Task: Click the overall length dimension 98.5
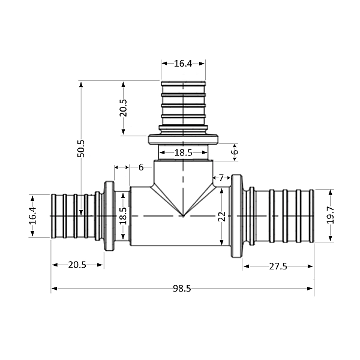pyautogui.click(x=181, y=289)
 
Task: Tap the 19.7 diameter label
pyautogui.click(x=330, y=215)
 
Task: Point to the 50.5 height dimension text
pyautogui.click(x=81, y=148)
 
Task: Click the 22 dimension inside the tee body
pyautogui.click(x=221, y=216)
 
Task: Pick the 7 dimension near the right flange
pyautogui.click(x=221, y=178)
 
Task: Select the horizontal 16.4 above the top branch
pyautogui.click(x=182, y=63)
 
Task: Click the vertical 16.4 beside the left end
pyautogui.click(x=32, y=215)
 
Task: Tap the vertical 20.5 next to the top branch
pyautogui.click(x=123, y=107)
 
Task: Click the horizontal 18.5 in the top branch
pyautogui.click(x=183, y=153)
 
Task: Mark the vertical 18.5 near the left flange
pyautogui.click(x=123, y=216)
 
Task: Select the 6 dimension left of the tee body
pyautogui.click(x=141, y=167)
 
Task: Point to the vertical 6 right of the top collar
pyautogui.click(x=235, y=152)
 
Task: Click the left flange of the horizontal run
pyautogui.click(x=109, y=215)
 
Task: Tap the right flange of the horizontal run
pyautogui.click(x=237, y=216)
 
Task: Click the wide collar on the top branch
pyautogui.click(x=183, y=140)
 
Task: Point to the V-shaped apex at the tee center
pyautogui.click(x=183, y=215)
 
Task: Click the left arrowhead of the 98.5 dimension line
pyautogui.click(x=54, y=289)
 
